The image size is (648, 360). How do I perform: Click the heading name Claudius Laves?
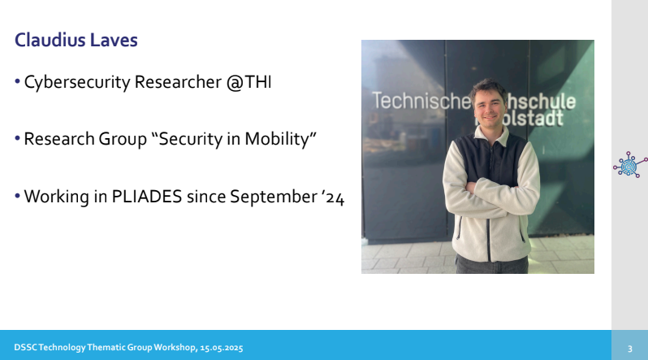[x=76, y=40]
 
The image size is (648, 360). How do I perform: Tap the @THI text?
[x=248, y=82]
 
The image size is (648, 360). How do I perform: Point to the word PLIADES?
[x=147, y=197]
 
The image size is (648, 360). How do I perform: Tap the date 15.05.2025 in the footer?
[x=222, y=348]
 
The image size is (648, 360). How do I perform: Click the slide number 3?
[x=630, y=349]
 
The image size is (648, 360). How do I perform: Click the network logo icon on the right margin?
[x=630, y=165]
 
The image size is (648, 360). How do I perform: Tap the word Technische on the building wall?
[x=421, y=101]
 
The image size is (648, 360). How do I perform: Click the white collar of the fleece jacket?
[x=493, y=136]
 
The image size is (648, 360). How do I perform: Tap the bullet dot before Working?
[x=17, y=196]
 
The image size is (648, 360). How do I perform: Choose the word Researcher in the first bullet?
[x=178, y=82]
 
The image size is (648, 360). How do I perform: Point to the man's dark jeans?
[x=492, y=265]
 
